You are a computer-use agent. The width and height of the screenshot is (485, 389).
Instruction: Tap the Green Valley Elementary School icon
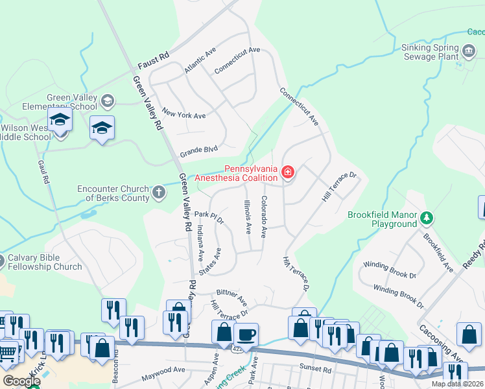[107, 100]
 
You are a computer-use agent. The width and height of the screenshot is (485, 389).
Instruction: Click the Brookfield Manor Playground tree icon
[426, 216]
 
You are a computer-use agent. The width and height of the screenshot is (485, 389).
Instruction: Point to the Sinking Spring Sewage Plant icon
[469, 49]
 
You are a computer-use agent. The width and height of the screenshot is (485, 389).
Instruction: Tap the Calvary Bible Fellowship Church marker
[2, 260]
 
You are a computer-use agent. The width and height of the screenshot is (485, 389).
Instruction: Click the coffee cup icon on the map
[246, 335]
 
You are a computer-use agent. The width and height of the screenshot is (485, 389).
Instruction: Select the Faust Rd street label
[154, 62]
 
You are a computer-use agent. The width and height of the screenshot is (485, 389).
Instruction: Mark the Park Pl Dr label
[208, 217]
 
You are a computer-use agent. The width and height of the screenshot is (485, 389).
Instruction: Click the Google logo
[21, 381]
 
